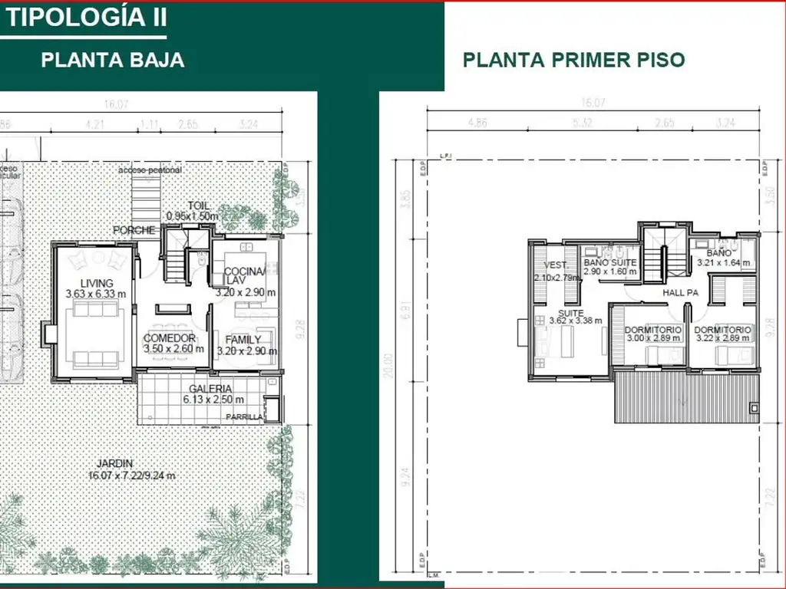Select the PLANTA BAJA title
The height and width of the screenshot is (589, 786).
pyautogui.click(x=112, y=60)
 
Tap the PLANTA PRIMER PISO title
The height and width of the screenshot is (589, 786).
pyautogui.click(x=573, y=60)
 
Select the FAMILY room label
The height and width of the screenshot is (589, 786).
pyautogui.click(x=243, y=340)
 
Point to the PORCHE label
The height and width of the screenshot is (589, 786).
pyautogui.click(x=134, y=230)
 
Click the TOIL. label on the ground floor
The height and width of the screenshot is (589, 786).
pyautogui.click(x=198, y=206)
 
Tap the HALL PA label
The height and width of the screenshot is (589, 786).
pyautogui.click(x=680, y=292)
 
